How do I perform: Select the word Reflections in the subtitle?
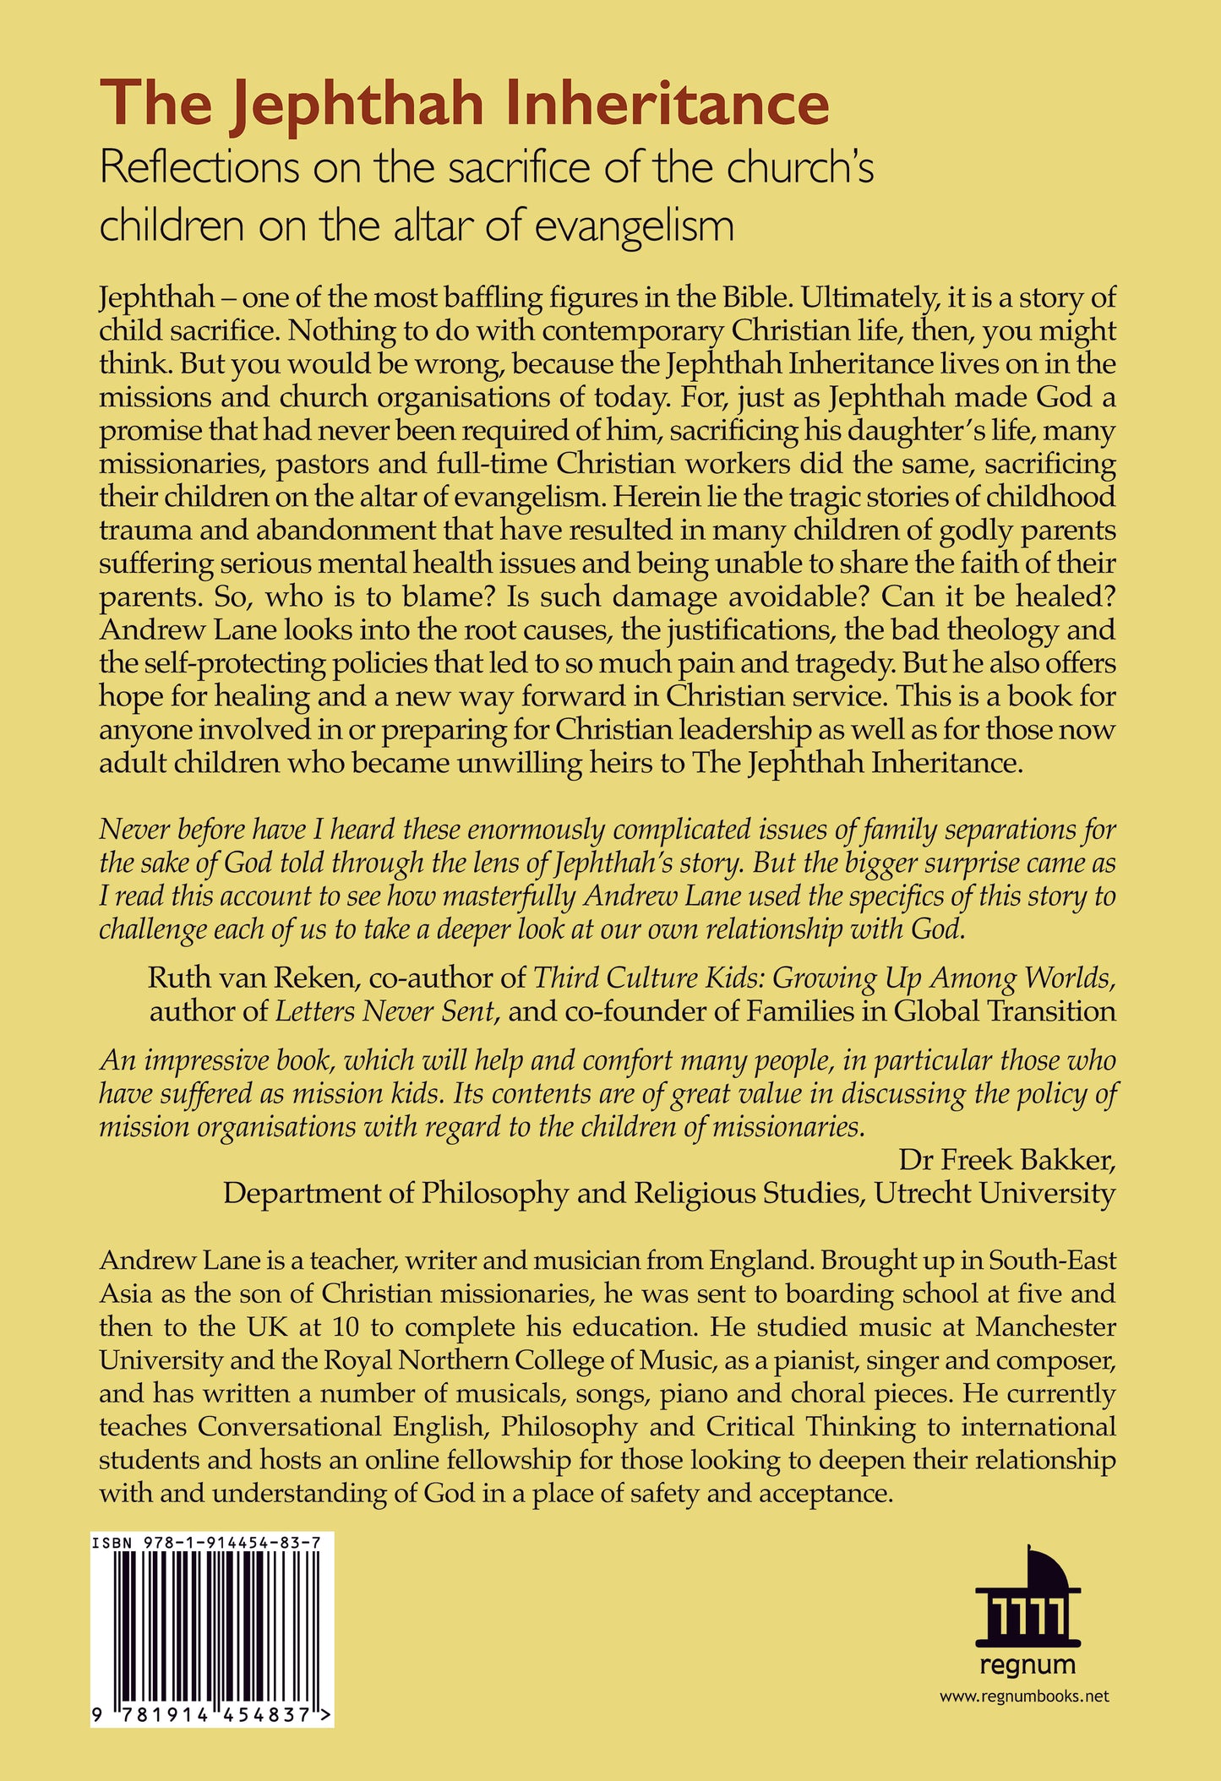point(199,167)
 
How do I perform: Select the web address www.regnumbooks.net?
point(1023,1696)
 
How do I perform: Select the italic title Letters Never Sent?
point(385,1010)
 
